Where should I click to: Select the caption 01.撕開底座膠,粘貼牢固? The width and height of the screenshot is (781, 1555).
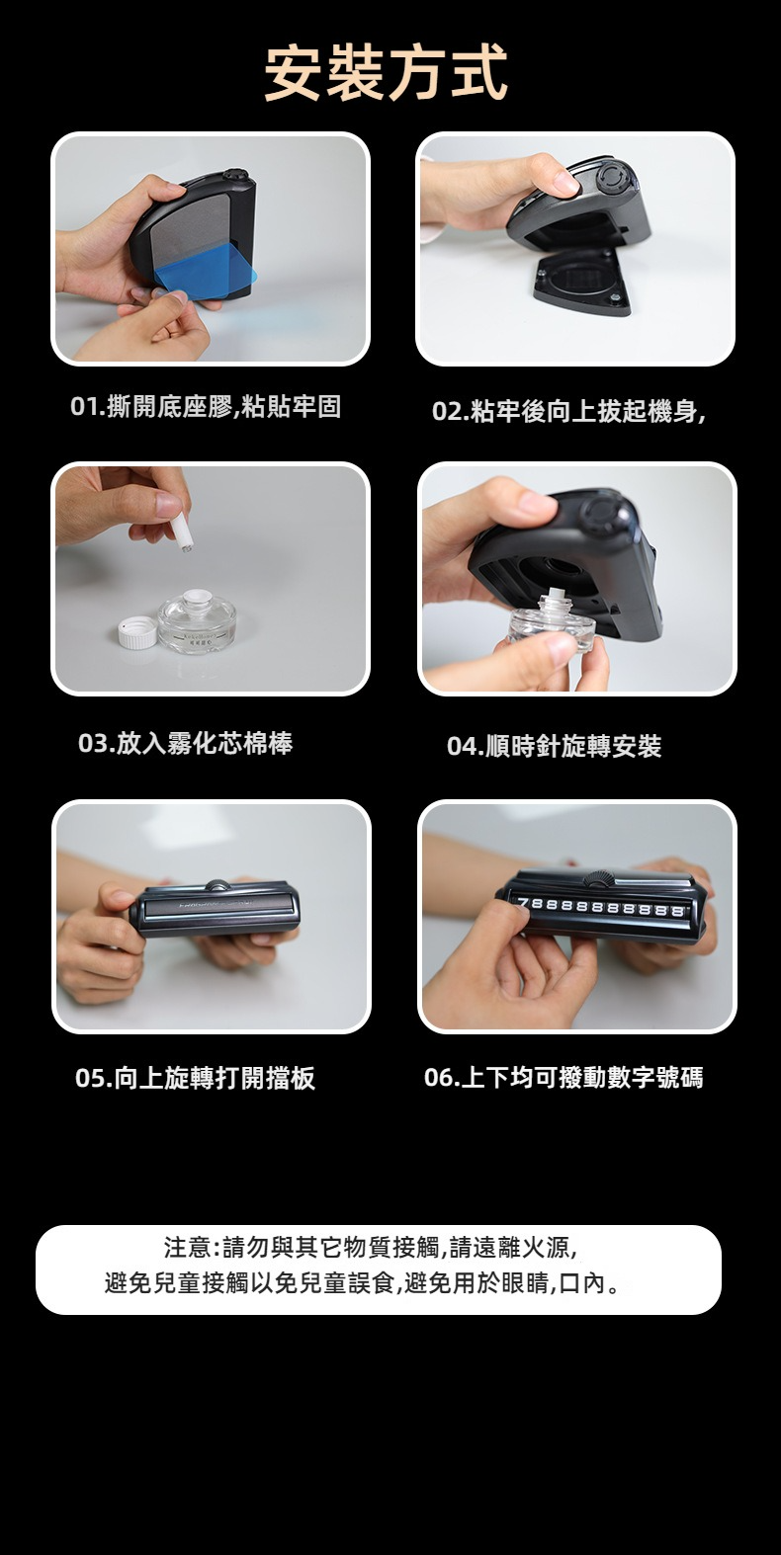click(206, 407)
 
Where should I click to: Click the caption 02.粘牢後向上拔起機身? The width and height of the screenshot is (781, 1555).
click(569, 412)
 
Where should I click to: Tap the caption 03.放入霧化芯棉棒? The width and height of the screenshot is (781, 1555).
click(186, 743)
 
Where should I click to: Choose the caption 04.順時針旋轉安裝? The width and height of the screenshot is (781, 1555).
click(555, 746)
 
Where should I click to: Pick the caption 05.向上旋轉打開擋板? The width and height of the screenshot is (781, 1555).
click(196, 1078)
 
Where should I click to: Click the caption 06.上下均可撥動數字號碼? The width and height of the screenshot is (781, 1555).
click(564, 1078)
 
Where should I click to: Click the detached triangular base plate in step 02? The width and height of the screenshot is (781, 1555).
click(583, 282)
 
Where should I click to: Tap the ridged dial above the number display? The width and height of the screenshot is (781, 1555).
click(597, 878)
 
